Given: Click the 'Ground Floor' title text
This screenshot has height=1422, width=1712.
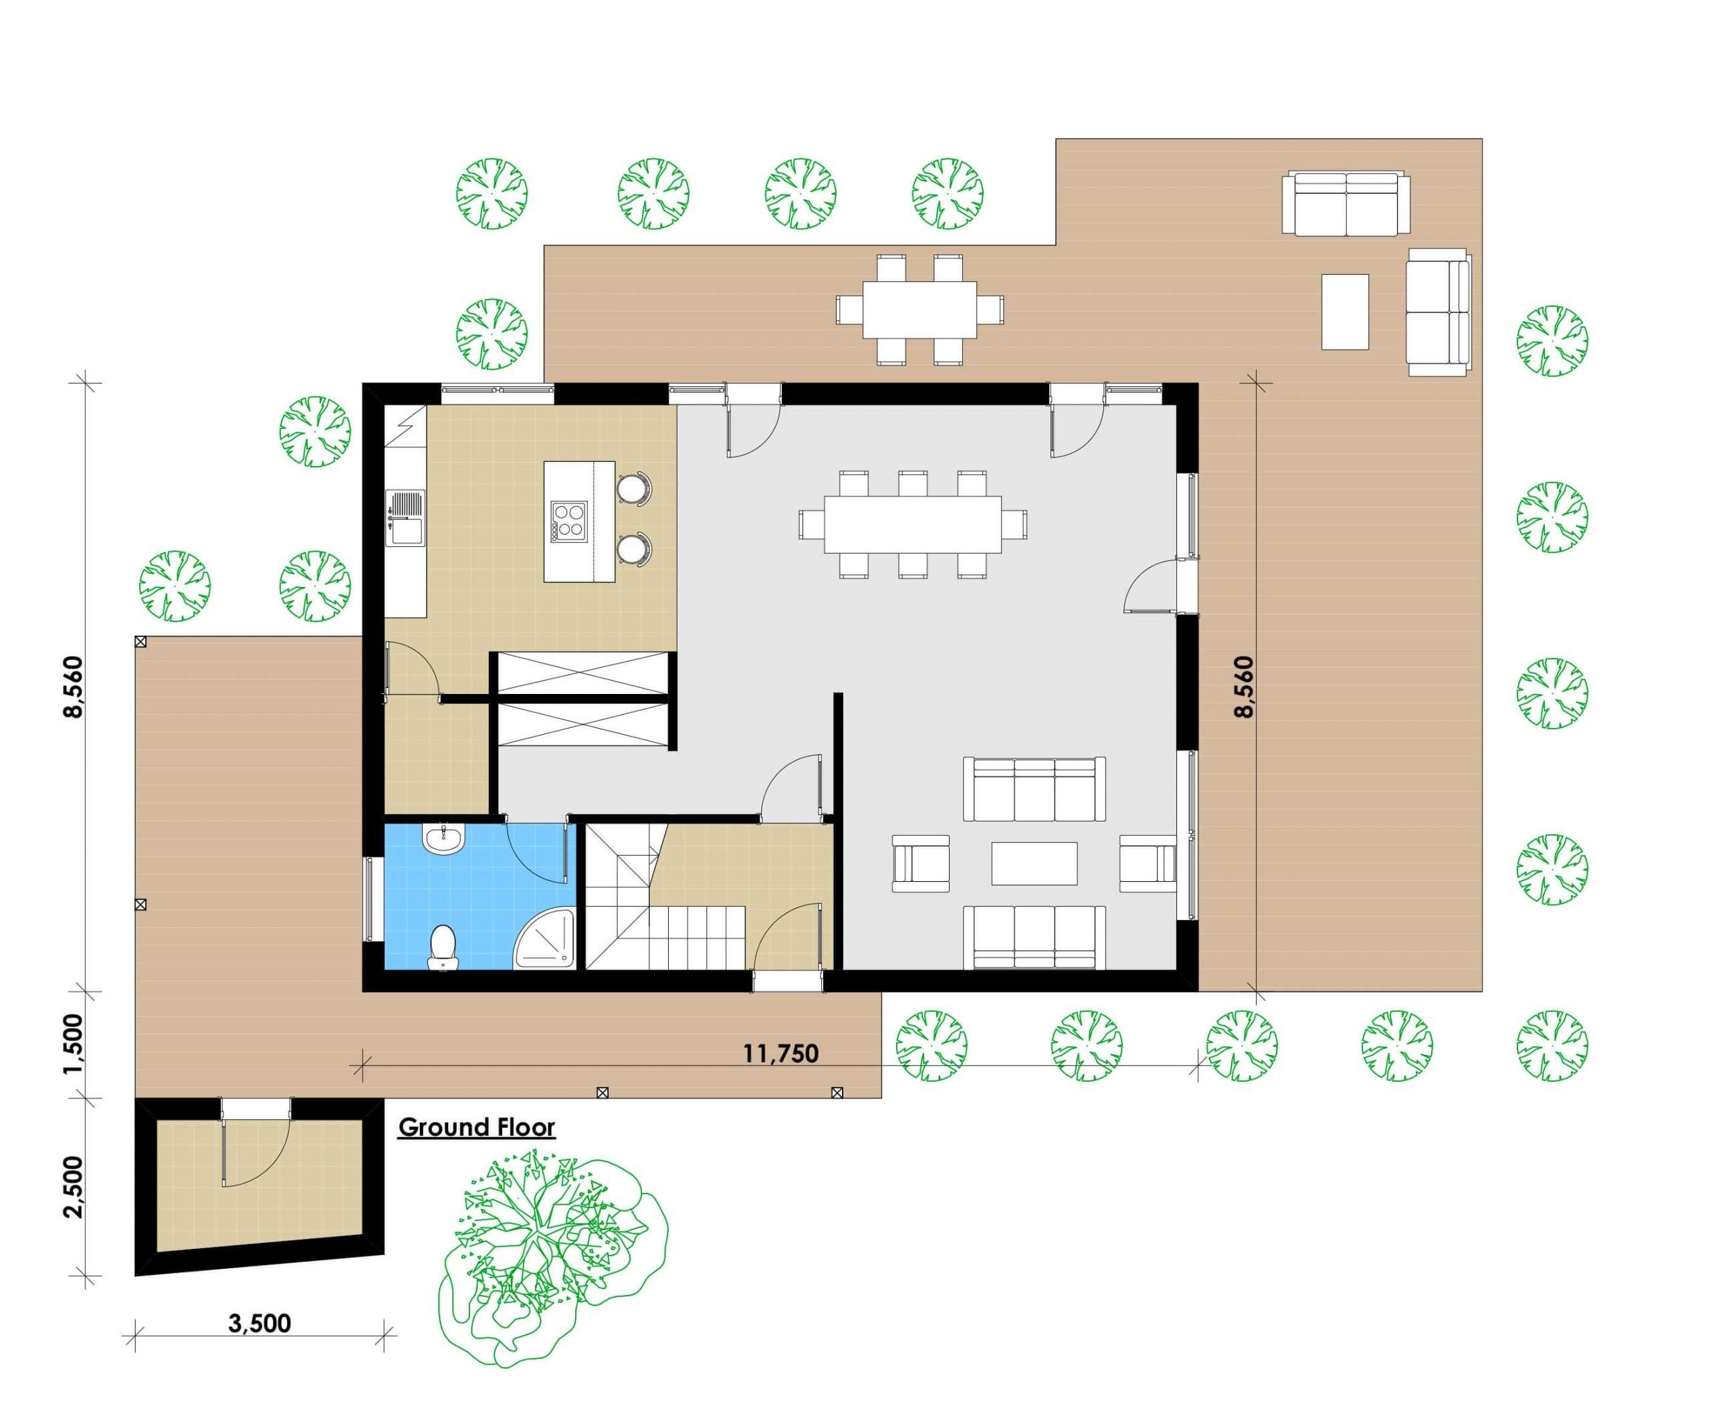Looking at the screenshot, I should pos(476,1128).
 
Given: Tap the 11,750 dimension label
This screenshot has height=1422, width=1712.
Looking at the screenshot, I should pos(780,1054).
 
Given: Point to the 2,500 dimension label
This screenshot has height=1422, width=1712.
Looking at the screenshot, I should pos(74,1187).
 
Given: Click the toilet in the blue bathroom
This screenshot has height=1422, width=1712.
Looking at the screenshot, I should pos(443,946).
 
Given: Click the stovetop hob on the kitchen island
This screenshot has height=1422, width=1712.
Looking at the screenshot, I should pos(568,521).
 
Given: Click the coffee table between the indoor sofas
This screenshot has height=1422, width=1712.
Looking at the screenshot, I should pos(1034,863).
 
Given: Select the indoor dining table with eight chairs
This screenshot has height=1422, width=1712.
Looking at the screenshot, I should pos(912,523).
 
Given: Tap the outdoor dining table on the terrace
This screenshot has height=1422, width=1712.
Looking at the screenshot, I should pos(920,310).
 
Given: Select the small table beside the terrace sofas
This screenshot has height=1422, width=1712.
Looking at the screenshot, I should pos(1344,312).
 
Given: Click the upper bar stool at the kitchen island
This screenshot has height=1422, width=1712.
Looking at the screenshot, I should pos(633,487).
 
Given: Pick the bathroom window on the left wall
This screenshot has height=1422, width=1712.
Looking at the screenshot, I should pos(372,899).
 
